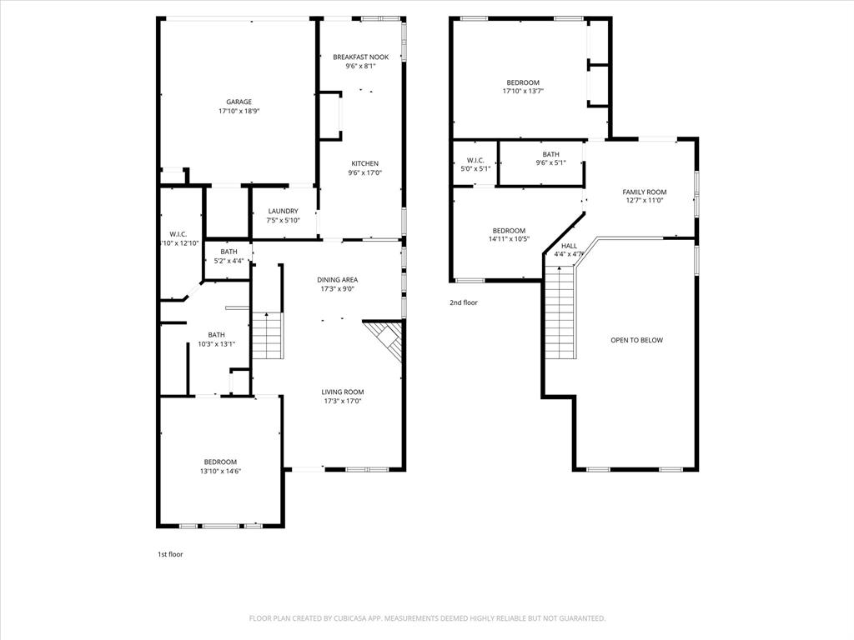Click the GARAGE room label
click(239, 102)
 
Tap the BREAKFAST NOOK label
click(360, 57)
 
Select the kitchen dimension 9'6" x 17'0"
click(364, 173)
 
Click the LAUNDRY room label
click(282, 211)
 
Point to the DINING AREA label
click(337, 279)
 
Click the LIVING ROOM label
click(343, 392)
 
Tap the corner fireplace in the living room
click(386, 339)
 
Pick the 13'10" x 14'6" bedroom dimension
click(220, 471)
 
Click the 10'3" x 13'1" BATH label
click(216, 334)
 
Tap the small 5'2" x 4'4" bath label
click(229, 252)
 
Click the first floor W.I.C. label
click(178, 233)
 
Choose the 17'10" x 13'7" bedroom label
click(523, 82)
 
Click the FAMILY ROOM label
click(644, 192)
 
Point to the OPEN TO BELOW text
click(636, 340)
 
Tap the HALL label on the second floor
click(569, 246)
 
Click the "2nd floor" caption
click(463, 302)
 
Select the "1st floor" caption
click(170, 554)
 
